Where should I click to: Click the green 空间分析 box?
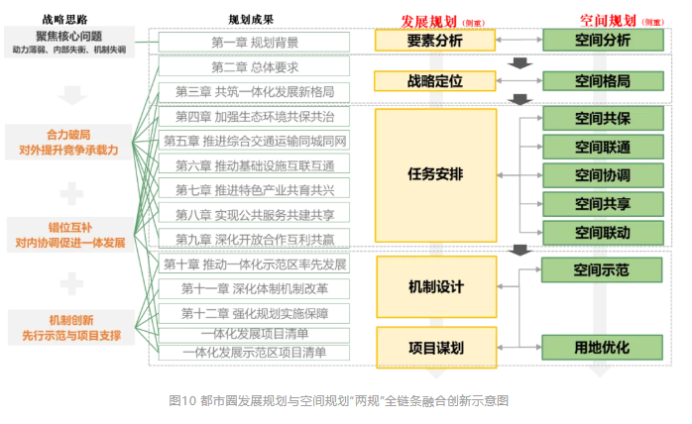click(602, 41)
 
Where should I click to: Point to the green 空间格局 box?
click(602, 81)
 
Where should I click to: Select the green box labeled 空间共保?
click(602, 118)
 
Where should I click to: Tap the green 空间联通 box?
click(602, 147)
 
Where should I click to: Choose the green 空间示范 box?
click(602, 269)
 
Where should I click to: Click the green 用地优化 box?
click(602, 347)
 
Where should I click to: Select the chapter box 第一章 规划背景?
click(254, 43)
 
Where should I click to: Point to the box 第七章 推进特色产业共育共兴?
click(254, 189)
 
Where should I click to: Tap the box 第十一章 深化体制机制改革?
click(254, 288)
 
